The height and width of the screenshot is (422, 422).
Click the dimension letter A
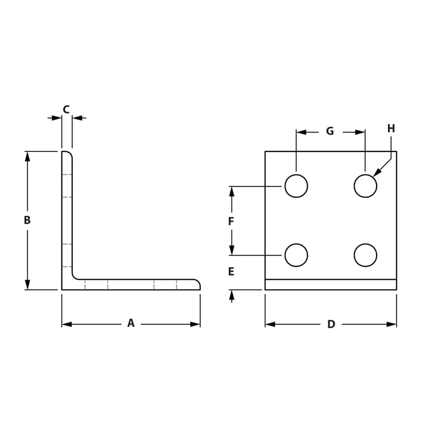[131, 323]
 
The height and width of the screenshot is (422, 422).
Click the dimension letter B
[27, 220]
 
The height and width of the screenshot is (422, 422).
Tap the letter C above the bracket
[66, 109]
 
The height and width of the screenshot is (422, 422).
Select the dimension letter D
[331, 324]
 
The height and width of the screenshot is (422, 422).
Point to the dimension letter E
[231, 272]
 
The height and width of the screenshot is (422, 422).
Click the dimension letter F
[231, 222]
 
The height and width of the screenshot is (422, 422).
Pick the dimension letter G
[330, 131]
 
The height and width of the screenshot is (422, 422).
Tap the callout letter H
[391, 128]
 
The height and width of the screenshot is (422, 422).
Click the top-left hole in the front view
[296, 186]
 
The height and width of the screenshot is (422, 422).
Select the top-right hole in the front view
[365, 186]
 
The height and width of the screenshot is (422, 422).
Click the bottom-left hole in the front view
[296, 255]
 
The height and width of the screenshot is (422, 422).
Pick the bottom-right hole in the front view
[365, 255]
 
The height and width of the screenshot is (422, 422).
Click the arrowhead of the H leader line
[377, 172]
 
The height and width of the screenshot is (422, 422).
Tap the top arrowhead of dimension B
[27, 156]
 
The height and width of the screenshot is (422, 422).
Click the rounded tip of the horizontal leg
[198, 284]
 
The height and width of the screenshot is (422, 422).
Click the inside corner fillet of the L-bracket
[75, 276]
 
